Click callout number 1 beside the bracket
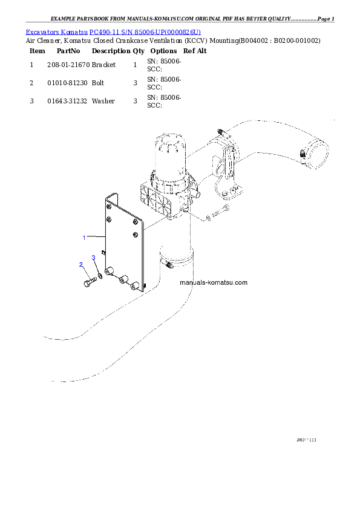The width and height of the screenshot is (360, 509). [85, 238]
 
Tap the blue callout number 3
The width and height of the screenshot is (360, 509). [94, 258]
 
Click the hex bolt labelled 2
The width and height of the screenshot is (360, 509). [87, 282]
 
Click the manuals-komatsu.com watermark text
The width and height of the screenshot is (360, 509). [214, 283]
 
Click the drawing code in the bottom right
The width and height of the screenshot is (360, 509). [306, 439]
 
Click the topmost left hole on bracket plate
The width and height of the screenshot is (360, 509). [108, 206]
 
